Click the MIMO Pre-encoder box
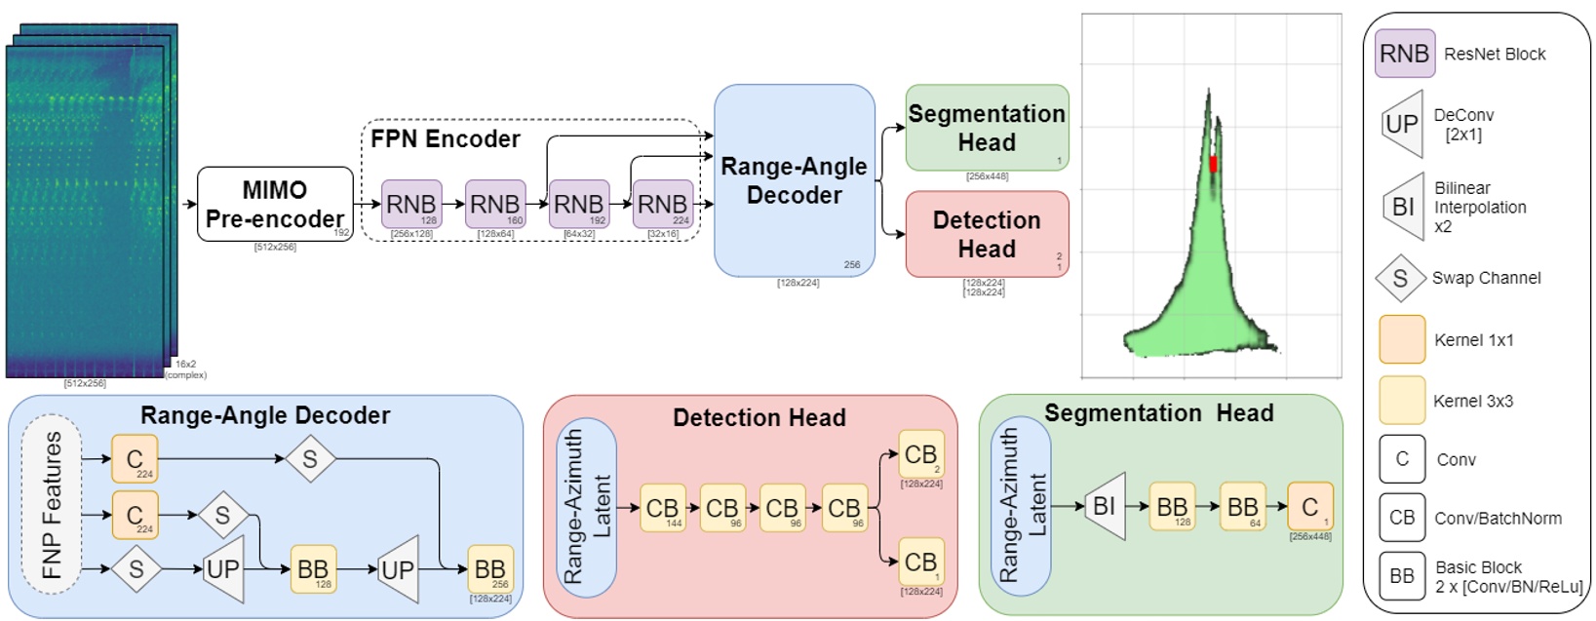(x=275, y=204)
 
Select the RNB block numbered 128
(x=411, y=204)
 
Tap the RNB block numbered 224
(x=663, y=204)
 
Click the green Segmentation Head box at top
(x=987, y=128)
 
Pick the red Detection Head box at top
(x=987, y=234)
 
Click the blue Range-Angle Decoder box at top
(x=794, y=180)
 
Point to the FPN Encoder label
(x=446, y=139)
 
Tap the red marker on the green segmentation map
(x=1213, y=164)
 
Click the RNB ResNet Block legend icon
(x=1405, y=54)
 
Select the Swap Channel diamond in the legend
(x=1400, y=278)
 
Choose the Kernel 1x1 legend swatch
(x=1402, y=339)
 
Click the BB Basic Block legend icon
(x=1402, y=576)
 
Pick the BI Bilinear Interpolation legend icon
(x=1403, y=207)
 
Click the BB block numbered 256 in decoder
(x=490, y=569)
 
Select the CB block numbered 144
(x=663, y=508)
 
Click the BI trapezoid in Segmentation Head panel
(x=1105, y=506)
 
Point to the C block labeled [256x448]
(x=1310, y=506)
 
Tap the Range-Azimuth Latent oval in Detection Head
(x=586, y=507)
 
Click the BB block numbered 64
(x=1243, y=506)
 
